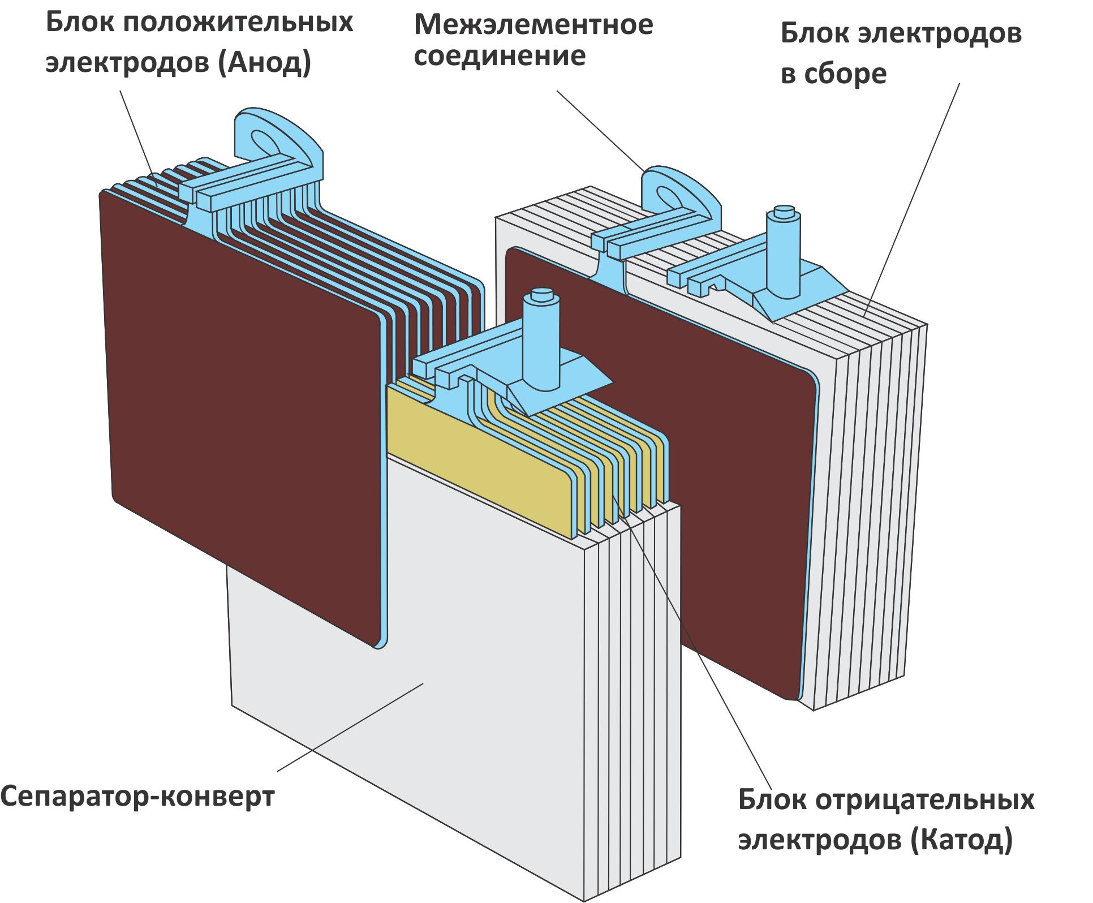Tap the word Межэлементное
tap(533, 25)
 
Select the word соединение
tap(500, 57)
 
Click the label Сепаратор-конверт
tap(137, 797)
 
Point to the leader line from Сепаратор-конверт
tap(351, 727)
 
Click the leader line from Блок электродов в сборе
tap(911, 198)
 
